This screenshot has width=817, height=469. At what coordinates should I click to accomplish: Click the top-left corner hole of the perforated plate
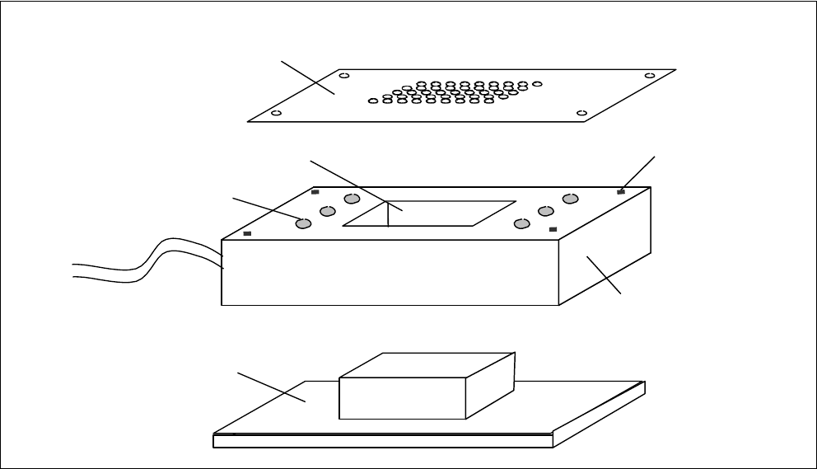pos(344,76)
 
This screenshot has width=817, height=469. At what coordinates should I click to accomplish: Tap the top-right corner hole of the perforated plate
pos(649,76)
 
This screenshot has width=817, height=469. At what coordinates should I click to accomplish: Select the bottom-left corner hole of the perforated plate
pos(276,113)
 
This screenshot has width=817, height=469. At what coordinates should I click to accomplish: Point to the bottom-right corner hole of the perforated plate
pos(581,112)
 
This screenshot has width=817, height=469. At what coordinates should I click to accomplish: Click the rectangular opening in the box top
pos(437,213)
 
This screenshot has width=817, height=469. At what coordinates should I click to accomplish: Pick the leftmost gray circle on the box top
pos(303,223)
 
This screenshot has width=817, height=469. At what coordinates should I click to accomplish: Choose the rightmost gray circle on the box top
pos(569,199)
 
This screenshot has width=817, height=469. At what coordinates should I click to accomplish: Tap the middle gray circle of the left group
pos(327,211)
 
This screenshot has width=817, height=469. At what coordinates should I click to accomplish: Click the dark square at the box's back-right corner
pos(621,191)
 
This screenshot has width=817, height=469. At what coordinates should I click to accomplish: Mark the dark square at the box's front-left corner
pos(248,233)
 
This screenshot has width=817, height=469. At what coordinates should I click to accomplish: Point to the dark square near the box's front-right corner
pos(553,228)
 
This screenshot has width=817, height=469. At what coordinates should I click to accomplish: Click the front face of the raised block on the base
pos(402,399)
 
